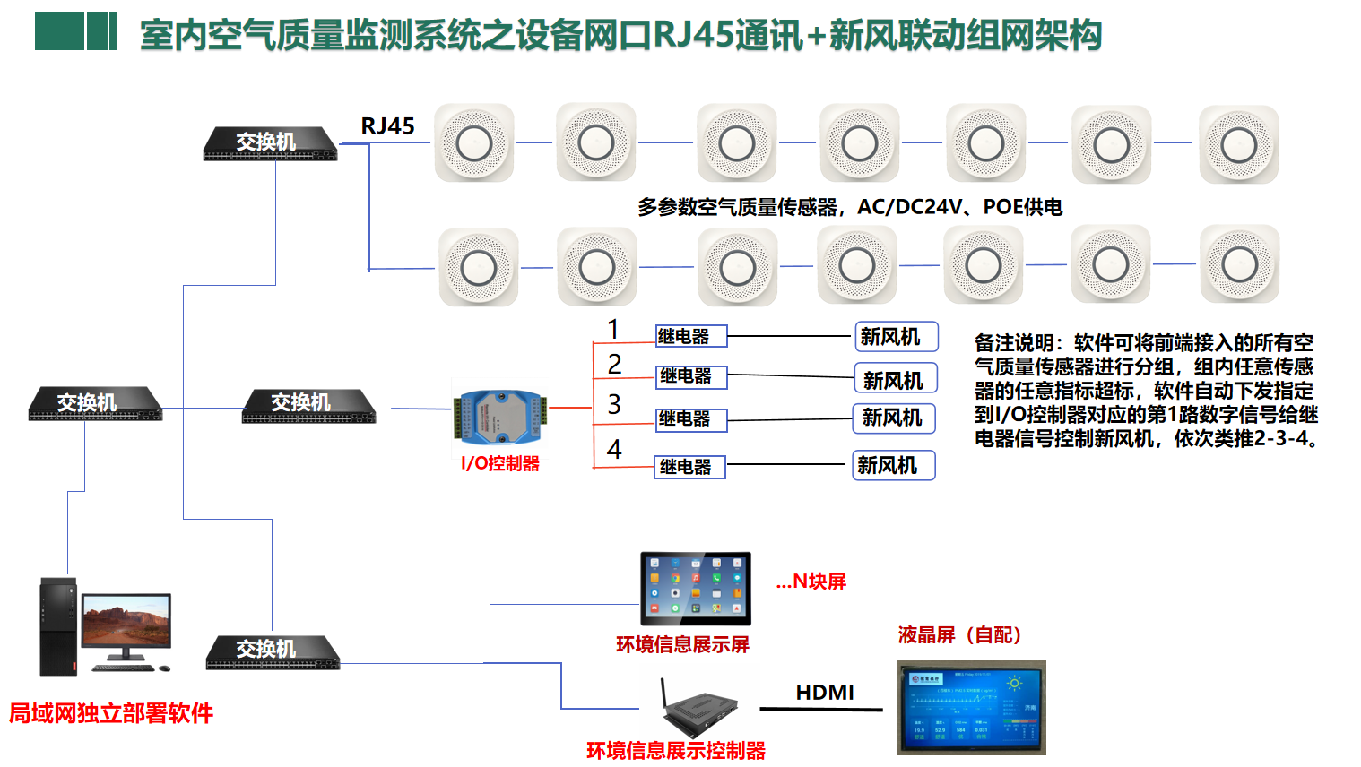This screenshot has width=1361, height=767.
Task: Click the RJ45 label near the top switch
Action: [387, 126]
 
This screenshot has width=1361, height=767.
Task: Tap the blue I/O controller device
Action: [498, 417]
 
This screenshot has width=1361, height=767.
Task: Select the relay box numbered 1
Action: [690, 336]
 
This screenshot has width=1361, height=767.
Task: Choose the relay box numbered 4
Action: [689, 466]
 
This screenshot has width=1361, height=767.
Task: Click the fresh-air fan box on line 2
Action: [895, 379]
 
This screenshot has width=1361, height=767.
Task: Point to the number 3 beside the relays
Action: [614, 404]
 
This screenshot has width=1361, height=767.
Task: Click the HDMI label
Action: [825, 693]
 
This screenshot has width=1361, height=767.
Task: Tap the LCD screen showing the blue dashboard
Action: [971, 708]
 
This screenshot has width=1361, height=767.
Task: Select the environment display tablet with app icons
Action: [695, 588]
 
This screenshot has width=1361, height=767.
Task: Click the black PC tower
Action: [58, 626]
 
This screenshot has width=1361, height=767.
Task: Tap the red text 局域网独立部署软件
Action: [111, 713]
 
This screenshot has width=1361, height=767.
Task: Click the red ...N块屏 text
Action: [811, 582]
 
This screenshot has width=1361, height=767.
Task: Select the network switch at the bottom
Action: [273, 653]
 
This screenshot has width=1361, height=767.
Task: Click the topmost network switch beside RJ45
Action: [270, 143]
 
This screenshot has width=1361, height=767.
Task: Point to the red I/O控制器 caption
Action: [500, 463]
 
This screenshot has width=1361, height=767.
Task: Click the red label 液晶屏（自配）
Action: [960, 635]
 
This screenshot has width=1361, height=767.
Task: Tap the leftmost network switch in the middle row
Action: [95, 404]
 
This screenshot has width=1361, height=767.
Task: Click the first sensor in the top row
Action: [474, 143]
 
